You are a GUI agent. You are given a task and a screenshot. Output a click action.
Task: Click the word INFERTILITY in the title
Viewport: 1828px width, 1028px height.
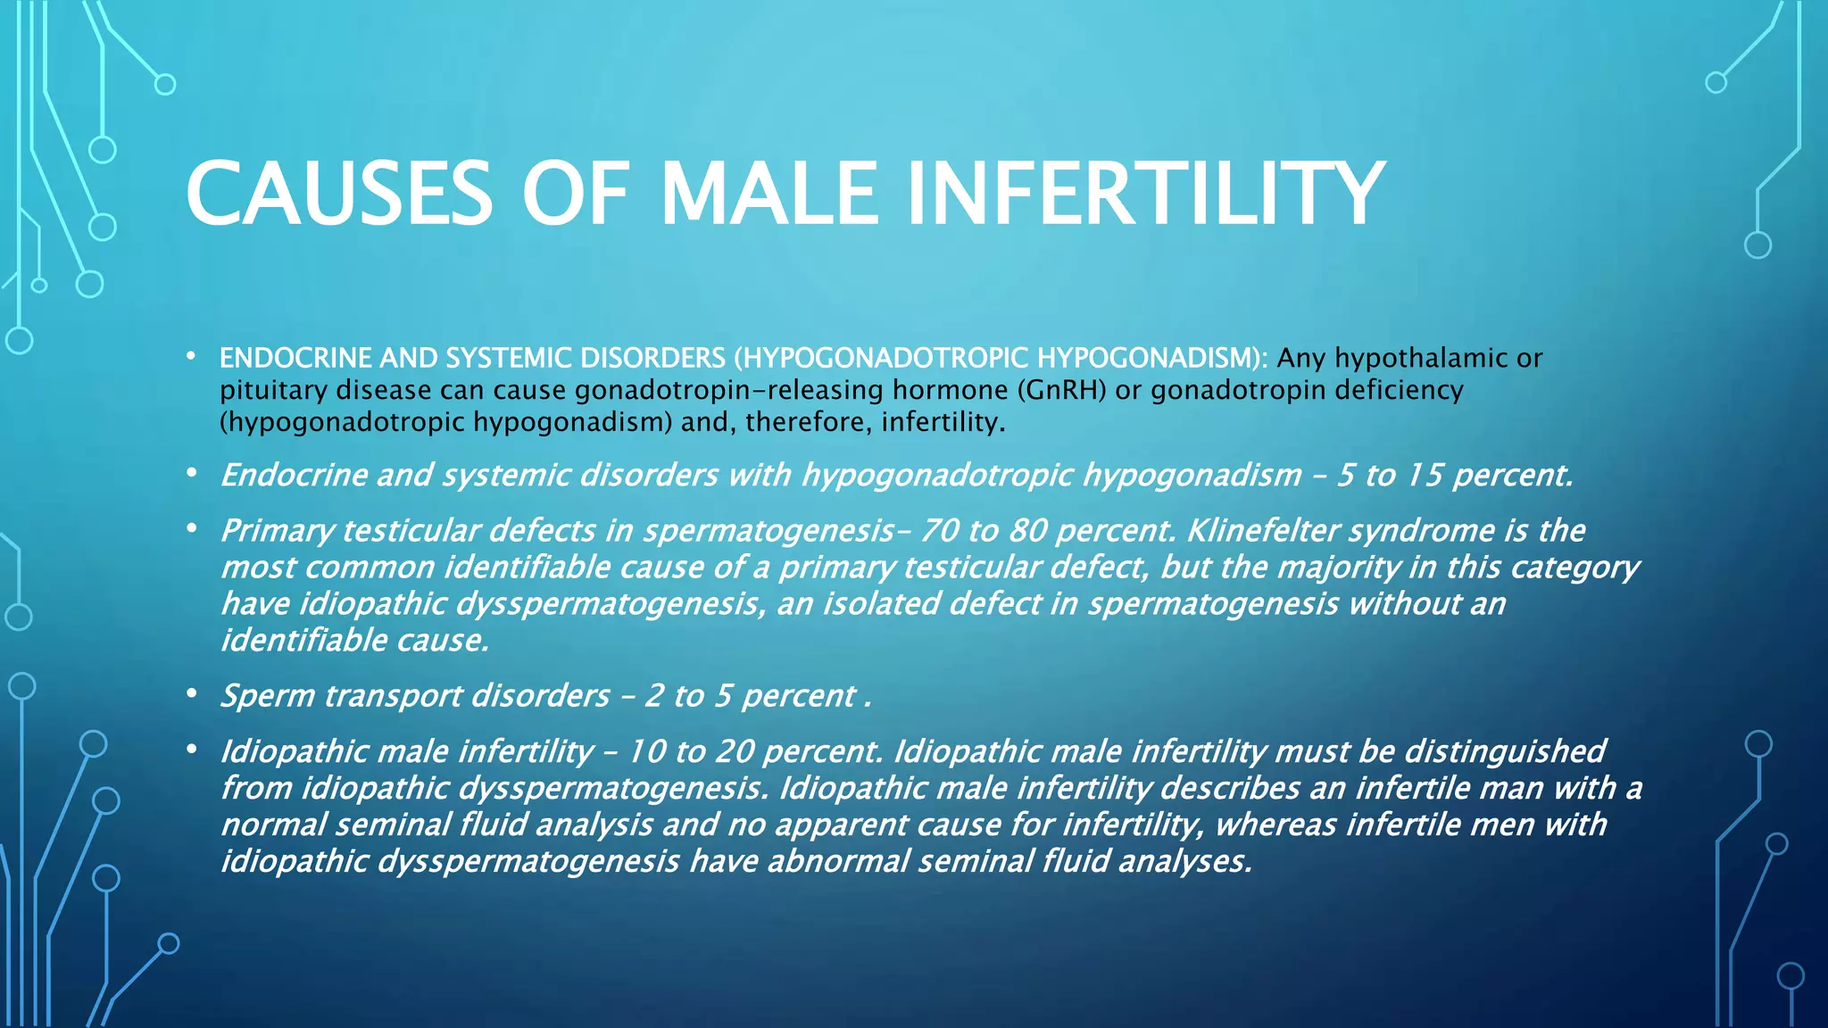tap(1145, 194)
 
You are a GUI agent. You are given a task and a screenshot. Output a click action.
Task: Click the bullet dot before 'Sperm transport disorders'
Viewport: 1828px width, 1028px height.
tap(191, 693)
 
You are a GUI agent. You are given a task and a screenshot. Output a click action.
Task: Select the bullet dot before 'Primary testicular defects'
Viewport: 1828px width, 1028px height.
tap(191, 528)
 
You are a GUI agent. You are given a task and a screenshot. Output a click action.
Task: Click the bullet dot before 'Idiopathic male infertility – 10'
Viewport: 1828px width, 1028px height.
tap(191, 749)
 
